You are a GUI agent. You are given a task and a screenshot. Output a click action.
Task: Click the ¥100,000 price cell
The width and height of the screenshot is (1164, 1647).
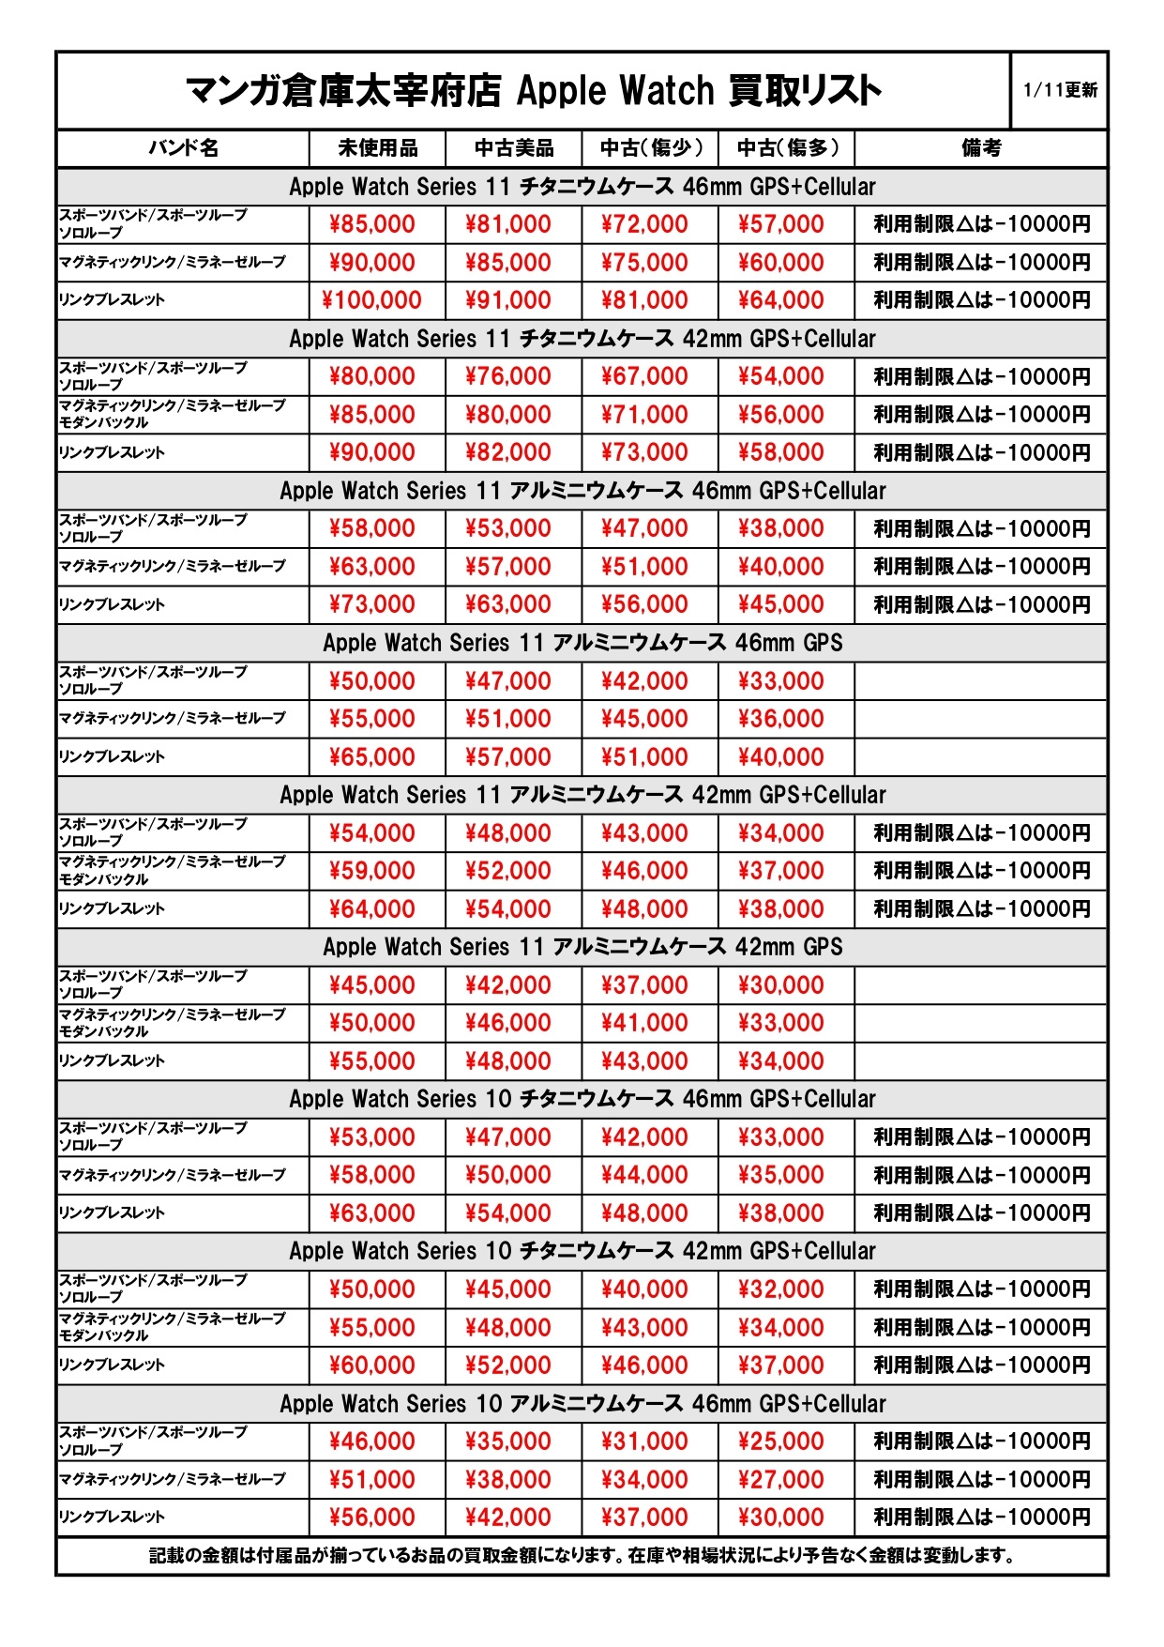click(x=371, y=300)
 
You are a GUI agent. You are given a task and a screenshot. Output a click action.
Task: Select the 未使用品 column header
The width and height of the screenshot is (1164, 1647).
click(x=377, y=148)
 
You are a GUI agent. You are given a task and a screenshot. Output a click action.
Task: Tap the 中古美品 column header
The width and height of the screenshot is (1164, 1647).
click(x=513, y=148)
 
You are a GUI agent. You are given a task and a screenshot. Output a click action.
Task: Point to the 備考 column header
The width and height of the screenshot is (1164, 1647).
click(x=981, y=148)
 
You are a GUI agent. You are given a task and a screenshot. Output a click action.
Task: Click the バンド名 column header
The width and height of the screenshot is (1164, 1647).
click(x=183, y=148)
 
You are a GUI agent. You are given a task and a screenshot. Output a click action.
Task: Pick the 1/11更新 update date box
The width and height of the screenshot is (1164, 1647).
click(x=1060, y=90)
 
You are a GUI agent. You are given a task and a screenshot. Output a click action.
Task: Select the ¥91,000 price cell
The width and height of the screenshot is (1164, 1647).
click(x=507, y=300)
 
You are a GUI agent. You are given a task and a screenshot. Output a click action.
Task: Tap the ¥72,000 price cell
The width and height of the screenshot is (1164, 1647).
click(x=644, y=224)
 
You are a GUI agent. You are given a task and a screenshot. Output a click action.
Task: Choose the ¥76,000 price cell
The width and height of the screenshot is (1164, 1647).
click(x=507, y=376)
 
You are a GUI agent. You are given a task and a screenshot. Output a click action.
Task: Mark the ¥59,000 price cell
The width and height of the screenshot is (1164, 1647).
click(x=371, y=871)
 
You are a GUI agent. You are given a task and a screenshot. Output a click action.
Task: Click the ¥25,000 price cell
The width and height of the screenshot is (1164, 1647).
click(x=780, y=1441)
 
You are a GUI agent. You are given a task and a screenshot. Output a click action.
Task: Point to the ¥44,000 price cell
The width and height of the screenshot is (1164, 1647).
click(x=644, y=1175)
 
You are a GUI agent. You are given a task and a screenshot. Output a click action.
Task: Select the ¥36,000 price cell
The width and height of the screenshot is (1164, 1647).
click(x=780, y=719)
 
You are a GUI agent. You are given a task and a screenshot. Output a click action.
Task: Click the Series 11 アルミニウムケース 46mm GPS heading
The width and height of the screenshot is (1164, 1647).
click(x=582, y=643)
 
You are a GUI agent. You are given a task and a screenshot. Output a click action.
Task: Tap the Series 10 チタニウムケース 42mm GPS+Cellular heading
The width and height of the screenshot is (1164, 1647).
click(x=582, y=1251)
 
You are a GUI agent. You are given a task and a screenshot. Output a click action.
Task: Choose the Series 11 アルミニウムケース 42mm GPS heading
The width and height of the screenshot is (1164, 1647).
click(x=582, y=947)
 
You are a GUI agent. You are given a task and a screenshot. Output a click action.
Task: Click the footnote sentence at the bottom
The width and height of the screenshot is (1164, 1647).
click(x=582, y=1555)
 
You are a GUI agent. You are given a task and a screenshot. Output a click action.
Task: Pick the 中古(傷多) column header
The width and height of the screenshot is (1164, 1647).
click(x=787, y=148)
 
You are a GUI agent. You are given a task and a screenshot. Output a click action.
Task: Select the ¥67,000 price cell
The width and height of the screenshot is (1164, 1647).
click(x=644, y=376)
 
